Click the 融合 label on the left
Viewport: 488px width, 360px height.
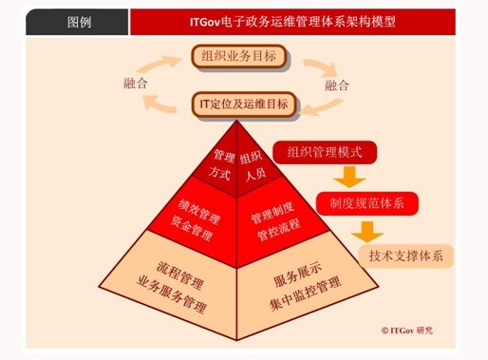point(136,84)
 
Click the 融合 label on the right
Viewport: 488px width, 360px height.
point(337,85)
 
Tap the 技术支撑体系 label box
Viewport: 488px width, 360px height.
point(411,254)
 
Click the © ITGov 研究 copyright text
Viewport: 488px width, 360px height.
point(406,330)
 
